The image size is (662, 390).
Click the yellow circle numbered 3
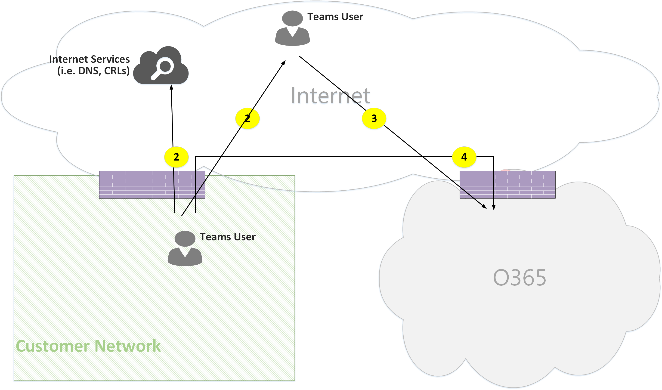coord(374,118)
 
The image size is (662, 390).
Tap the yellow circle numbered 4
coord(464,157)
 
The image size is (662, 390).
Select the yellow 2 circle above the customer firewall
coord(176,157)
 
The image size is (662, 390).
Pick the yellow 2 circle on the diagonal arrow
coord(247,118)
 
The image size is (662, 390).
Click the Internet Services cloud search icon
coord(161,66)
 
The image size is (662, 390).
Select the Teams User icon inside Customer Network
coord(185,248)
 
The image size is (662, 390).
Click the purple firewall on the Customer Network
coord(152,185)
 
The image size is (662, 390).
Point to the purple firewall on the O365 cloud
coord(507,185)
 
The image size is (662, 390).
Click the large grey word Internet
coord(330,96)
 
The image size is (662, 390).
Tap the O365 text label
coord(519,278)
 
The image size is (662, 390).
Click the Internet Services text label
coord(89,59)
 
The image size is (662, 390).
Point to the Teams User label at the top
coord(335,17)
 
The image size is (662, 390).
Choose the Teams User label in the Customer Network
coord(228,237)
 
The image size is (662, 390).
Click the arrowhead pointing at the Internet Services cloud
coord(171,87)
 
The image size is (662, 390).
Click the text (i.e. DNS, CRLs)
coord(93,71)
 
